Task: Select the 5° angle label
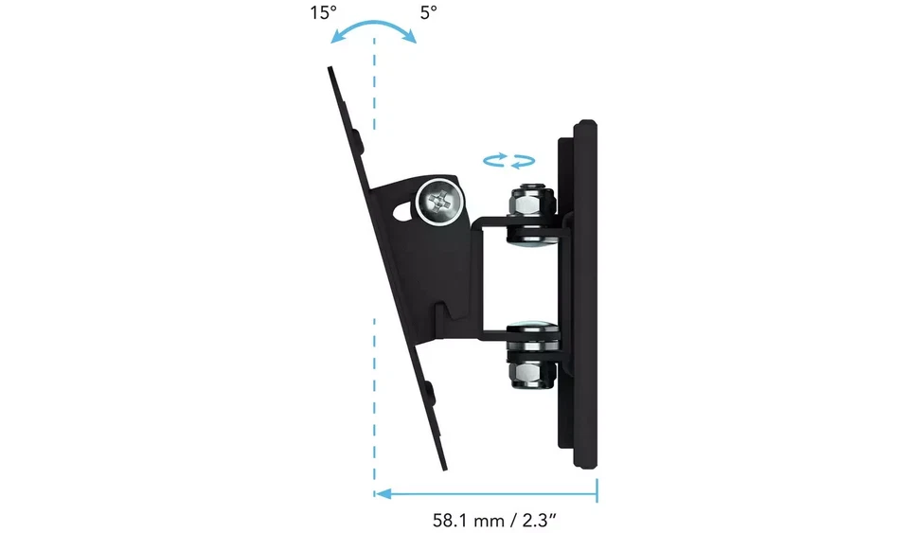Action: [429, 14]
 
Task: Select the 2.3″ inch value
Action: [548, 520]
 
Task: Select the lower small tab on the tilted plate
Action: [429, 390]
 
